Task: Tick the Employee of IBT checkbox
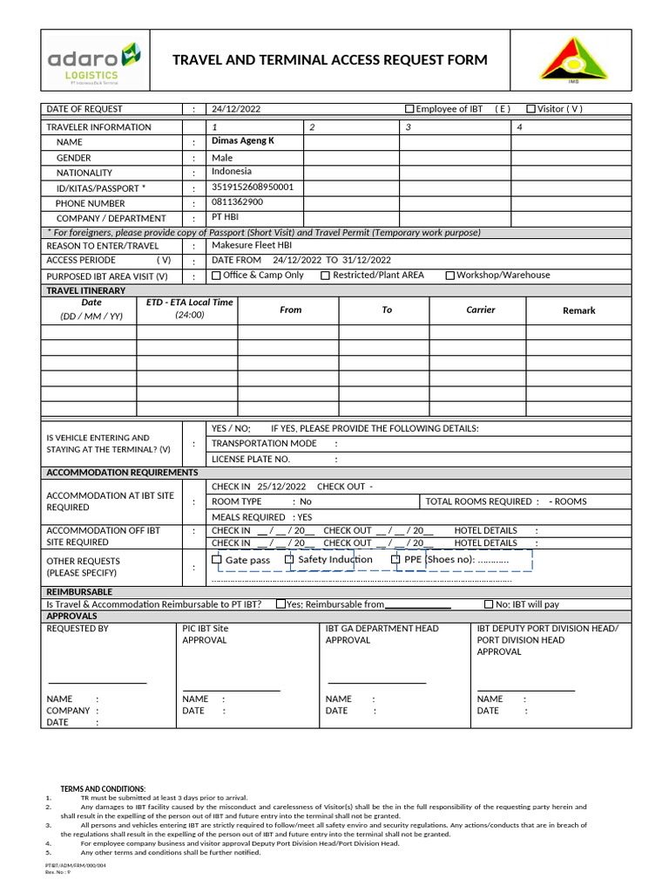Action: point(410,109)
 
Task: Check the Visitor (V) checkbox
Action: point(531,109)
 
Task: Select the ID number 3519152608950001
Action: point(253,187)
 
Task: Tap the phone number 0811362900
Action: point(237,202)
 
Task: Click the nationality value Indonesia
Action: point(232,172)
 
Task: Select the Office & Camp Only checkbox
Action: point(217,276)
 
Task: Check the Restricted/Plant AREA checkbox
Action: point(326,276)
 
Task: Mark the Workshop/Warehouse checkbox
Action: point(450,276)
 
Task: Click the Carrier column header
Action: point(480,310)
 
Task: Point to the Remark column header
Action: point(578,310)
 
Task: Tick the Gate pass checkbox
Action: point(218,560)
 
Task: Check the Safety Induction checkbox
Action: point(290,560)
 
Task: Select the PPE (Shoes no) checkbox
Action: point(395,560)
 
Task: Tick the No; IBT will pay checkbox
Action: point(489,604)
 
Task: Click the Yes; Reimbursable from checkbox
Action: point(280,604)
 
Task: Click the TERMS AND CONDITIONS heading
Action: point(103,788)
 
